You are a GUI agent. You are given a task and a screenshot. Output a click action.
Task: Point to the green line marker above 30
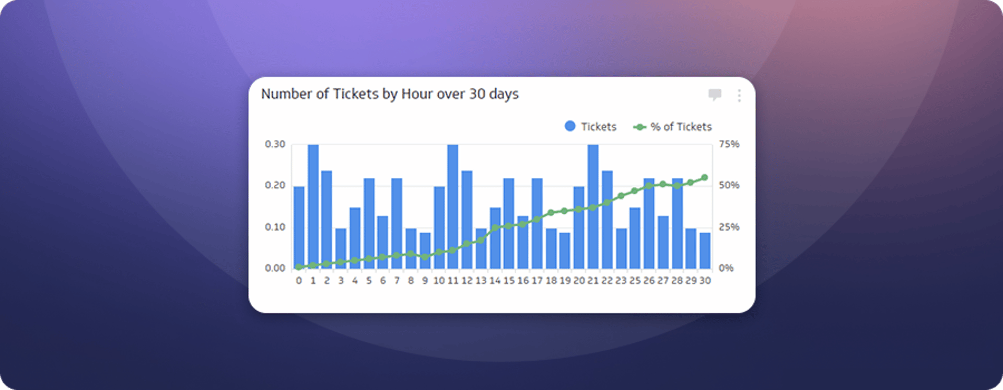pos(705,178)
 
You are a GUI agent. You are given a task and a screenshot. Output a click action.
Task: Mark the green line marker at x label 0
pos(299,267)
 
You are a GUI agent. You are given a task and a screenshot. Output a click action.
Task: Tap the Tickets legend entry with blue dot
pos(591,127)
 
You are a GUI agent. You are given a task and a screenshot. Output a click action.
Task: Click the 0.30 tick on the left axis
pos(275,144)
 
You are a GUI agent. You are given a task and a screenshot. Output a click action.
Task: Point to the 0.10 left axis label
pos(275,227)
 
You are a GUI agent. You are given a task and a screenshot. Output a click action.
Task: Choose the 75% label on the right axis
pos(729,144)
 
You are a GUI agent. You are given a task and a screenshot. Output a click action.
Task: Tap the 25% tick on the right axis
pos(729,227)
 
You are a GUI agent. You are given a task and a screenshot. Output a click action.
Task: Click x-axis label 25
pos(635,281)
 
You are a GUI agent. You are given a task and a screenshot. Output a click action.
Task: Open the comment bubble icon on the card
pos(715,95)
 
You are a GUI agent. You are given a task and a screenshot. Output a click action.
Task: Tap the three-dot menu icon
pos(739,95)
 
